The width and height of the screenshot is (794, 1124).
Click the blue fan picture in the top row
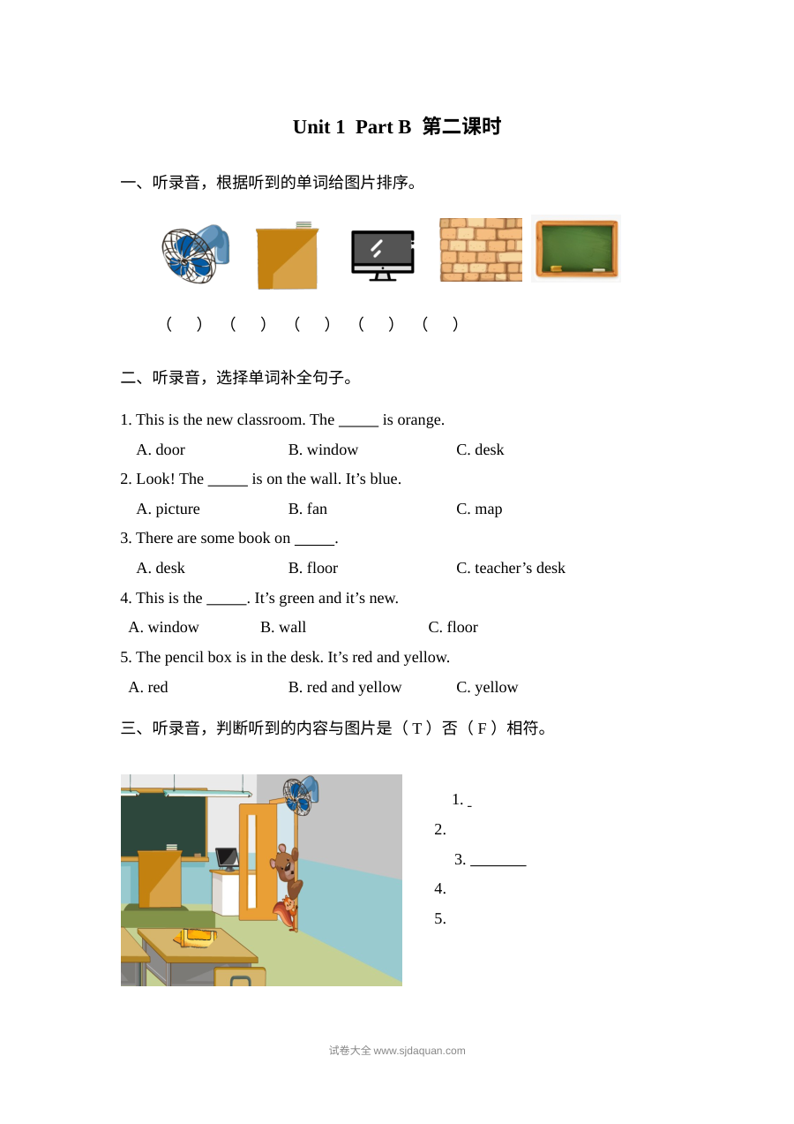[196, 253]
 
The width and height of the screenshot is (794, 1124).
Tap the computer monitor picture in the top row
[383, 255]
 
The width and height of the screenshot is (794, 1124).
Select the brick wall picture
[481, 249]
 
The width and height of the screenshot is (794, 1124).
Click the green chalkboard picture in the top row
[576, 249]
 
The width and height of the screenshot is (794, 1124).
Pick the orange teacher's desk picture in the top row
[287, 256]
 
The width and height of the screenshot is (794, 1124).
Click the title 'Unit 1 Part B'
[351, 127]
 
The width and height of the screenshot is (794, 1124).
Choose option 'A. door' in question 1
[161, 449]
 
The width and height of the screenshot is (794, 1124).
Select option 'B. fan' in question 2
[307, 509]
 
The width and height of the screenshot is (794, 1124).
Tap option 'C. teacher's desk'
[510, 568]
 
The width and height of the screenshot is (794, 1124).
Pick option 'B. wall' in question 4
[282, 627]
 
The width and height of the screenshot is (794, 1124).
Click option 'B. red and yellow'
[345, 687]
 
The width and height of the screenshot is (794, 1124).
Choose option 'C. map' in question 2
[479, 509]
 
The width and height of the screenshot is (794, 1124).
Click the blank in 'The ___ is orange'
[358, 426]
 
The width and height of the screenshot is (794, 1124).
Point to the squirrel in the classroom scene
[286, 913]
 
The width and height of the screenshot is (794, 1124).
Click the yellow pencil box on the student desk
[196, 937]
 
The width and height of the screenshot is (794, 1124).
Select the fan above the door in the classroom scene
[300, 796]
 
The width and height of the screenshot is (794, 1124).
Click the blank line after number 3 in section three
[498, 865]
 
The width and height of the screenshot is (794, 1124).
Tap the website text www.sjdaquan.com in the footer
[419, 1051]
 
